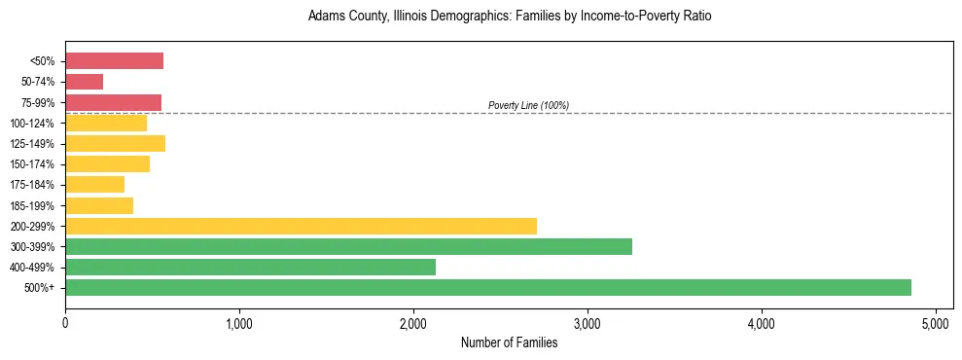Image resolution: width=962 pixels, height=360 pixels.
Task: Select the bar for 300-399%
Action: coord(348,246)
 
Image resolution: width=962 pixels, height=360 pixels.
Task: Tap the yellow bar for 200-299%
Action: coord(301,226)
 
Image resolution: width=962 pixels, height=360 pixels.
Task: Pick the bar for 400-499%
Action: coord(250,267)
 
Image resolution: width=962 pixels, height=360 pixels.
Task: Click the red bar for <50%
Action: coord(114,61)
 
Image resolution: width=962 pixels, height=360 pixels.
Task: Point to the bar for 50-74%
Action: coord(84,82)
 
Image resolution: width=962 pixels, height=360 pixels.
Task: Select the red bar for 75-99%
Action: coord(113,102)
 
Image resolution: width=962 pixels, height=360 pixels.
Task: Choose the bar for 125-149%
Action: coord(115,144)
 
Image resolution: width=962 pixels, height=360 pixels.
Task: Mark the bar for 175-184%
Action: coord(94,185)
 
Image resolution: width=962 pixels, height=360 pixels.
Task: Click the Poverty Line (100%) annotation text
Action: coord(528,105)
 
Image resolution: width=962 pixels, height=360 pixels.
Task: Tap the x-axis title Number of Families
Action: coord(509,342)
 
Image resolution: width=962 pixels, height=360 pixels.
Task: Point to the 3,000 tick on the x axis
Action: coord(588,323)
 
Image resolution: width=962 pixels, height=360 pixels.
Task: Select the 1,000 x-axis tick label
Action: coord(239,323)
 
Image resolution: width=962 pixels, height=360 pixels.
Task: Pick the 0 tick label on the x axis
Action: coord(65,323)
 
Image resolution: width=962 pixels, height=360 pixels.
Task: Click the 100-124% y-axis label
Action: coord(32,124)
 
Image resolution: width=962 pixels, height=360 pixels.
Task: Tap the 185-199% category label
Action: coord(32,205)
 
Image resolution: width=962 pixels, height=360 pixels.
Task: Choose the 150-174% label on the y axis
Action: coord(32,164)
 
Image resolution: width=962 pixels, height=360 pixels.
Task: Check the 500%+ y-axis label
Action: coord(38,288)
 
